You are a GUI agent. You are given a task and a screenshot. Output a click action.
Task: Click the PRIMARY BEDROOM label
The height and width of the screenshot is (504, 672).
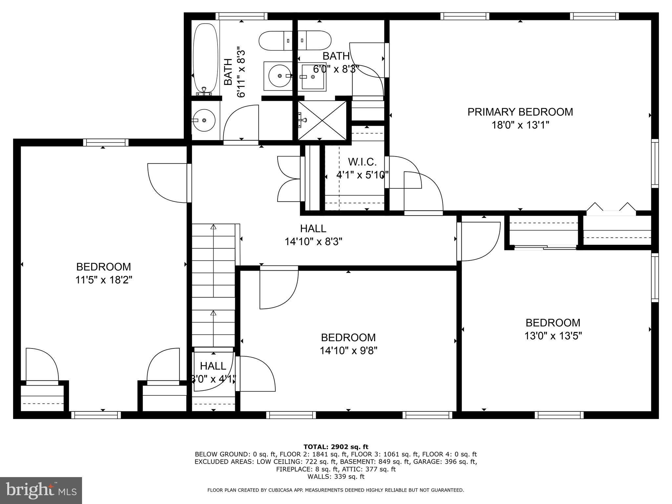point(520,112)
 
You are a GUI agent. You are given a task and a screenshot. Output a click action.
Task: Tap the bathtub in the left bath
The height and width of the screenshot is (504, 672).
point(205,59)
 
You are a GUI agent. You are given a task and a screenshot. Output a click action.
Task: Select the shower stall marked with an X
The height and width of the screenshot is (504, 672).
point(322,120)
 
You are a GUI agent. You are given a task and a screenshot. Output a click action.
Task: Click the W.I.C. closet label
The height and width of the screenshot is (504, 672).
point(362,162)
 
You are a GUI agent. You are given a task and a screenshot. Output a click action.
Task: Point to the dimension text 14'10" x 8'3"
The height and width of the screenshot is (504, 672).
point(313,242)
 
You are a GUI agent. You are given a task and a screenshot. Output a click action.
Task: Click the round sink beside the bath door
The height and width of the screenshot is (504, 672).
point(204,120)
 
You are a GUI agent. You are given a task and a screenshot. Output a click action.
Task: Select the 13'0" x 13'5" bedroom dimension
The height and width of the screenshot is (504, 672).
point(553,336)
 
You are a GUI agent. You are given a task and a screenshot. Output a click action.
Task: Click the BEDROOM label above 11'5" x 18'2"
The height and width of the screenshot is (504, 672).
point(103,266)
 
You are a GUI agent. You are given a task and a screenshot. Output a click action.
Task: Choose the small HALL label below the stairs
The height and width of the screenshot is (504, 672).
point(213,366)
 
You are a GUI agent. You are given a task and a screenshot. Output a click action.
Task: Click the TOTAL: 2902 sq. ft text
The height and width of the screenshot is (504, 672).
point(336,447)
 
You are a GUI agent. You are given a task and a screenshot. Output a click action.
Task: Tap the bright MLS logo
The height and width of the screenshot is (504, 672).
point(41,490)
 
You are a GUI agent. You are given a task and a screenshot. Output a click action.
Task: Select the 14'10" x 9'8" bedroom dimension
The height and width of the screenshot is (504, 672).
point(348,351)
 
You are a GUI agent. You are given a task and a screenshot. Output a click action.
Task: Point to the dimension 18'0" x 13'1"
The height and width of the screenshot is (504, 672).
point(520,125)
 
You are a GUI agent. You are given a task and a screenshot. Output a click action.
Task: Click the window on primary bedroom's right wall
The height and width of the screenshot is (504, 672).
point(655,163)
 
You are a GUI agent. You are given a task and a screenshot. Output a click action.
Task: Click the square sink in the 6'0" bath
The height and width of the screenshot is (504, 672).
point(313,77)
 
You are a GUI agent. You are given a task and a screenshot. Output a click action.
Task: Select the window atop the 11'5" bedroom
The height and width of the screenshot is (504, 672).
point(106,142)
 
